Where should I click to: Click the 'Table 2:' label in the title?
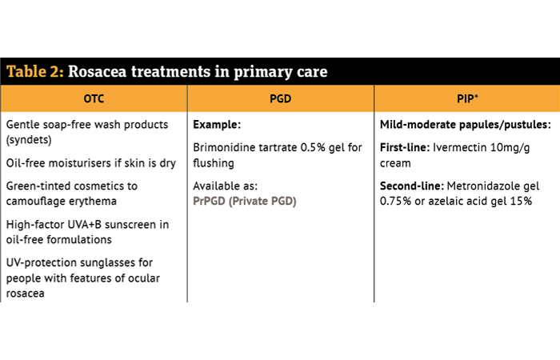coord(35,71)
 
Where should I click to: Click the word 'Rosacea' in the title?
coord(97,71)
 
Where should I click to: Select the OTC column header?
coord(94,98)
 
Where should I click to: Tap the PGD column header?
coord(280,98)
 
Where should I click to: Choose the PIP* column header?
coord(467,98)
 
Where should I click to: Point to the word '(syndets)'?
coord(29,140)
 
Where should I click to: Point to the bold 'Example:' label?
coord(217,124)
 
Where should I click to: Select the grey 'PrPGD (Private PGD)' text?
coord(245,201)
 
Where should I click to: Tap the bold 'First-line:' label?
coord(405,147)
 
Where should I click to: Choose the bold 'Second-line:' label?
coord(412,186)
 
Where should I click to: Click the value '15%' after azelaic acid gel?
coord(521,201)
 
